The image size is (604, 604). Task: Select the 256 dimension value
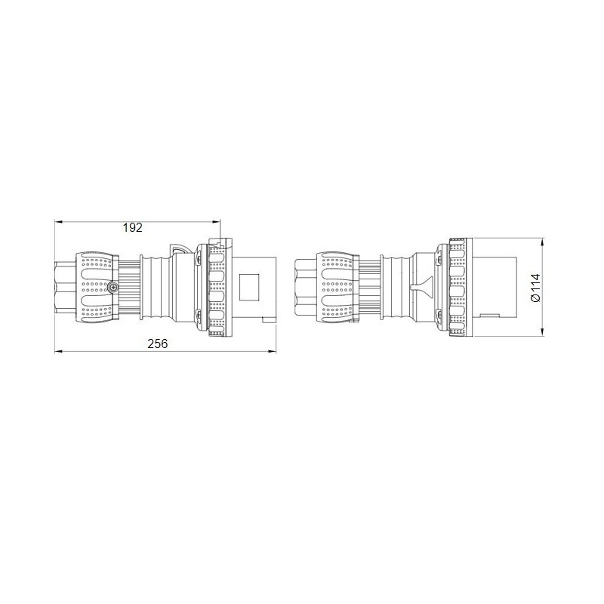pos(157,344)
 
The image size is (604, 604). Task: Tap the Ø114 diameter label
pos(535,288)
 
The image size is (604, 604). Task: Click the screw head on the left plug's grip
pos(112,288)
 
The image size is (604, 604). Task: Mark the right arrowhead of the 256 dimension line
pos(273,352)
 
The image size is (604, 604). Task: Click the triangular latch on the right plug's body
pos(419,288)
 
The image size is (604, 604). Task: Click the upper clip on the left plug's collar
pos(199,261)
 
